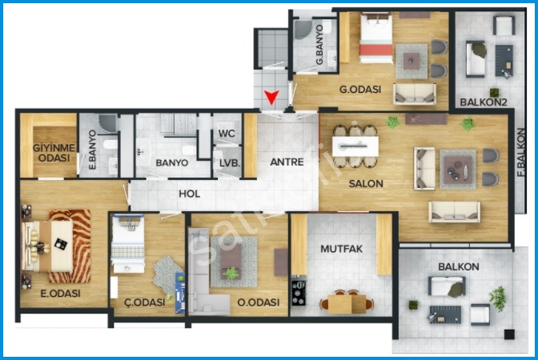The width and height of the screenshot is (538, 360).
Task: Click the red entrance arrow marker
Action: click(x=271, y=97)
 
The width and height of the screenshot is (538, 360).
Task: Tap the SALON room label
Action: click(x=366, y=184)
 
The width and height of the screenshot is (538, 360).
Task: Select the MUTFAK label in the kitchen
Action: click(x=341, y=249)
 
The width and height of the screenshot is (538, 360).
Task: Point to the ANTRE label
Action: click(x=287, y=162)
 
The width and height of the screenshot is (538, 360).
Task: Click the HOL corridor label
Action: click(x=190, y=194)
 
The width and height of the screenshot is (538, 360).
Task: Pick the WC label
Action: click(x=227, y=134)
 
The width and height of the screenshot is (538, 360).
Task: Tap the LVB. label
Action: click(x=230, y=163)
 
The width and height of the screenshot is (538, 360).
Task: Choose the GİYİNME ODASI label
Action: click(x=54, y=153)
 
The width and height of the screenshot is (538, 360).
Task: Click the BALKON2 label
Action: click(x=483, y=102)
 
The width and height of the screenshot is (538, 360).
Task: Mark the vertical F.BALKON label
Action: click(x=521, y=153)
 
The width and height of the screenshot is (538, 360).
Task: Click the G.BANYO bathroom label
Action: click(x=319, y=45)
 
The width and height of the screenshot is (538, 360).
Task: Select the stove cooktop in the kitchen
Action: click(x=299, y=293)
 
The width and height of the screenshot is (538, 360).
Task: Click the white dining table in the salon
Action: click(x=355, y=146)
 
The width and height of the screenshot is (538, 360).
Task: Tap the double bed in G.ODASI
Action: click(x=376, y=38)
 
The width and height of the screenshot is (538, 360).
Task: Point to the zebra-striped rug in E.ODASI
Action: click(x=70, y=246)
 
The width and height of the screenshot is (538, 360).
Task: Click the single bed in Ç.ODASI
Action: click(x=128, y=243)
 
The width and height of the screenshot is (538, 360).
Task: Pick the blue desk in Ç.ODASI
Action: click(x=180, y=293)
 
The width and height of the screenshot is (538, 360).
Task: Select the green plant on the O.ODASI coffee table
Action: click(x=231, y=274)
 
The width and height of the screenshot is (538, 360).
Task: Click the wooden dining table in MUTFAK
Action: click(x=347, y=304)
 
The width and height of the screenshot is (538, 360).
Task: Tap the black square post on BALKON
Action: click(x=509, y=334)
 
